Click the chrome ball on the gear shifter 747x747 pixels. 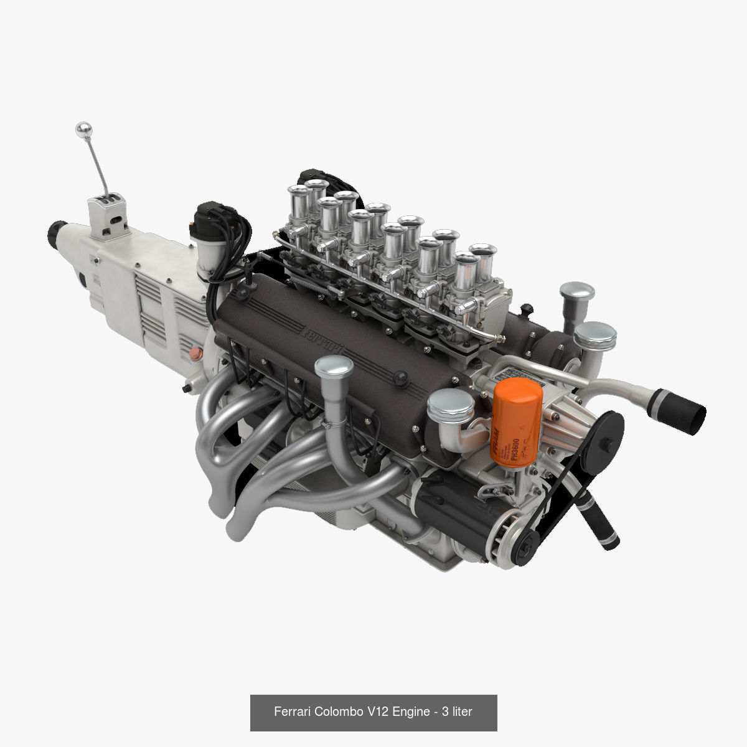pyautogui.click(x=83, y=129)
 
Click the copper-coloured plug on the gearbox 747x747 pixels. pyautogui.click(x=195, y=355)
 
